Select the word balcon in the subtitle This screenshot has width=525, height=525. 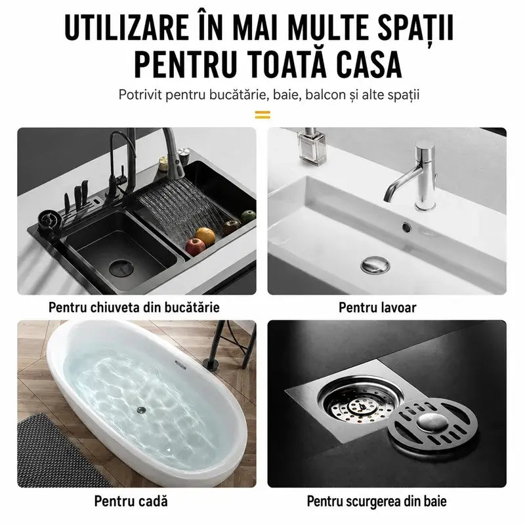[x=325, y=94]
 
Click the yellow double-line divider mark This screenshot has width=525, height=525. [x=262, y=115]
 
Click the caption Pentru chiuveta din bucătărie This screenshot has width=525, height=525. [x=134, y=307]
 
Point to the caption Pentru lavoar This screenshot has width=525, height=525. [x=378, y=307]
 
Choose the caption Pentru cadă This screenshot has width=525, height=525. [x=131, y=501]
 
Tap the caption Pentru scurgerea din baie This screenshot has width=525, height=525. [x=377, y=501]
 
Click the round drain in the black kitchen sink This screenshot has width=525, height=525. [x=121, y=268]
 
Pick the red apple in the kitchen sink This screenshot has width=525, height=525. [x=195, y=247]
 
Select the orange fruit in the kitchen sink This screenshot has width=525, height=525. [x=205, y=236]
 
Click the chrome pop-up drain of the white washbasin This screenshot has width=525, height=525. [x=375, y=264]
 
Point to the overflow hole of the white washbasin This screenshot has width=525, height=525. [x=407, y=227]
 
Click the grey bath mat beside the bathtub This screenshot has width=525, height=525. [x=57, y=452]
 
